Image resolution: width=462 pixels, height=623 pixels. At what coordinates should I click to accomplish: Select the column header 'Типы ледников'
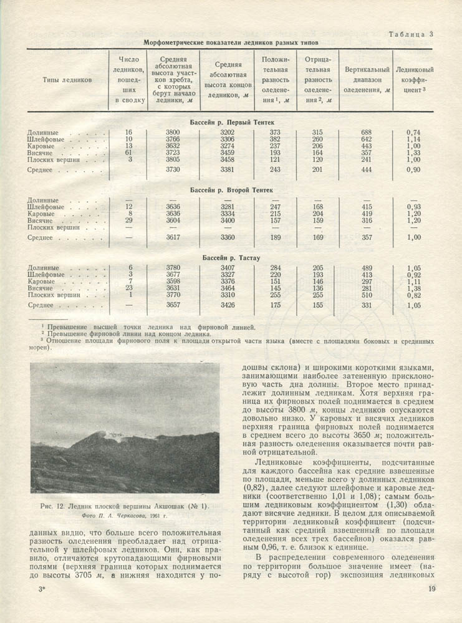[68, 80]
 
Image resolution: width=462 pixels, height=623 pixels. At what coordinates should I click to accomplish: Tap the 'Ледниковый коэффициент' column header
[415, 80]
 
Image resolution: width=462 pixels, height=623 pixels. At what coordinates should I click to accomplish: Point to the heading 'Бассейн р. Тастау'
[232, 257]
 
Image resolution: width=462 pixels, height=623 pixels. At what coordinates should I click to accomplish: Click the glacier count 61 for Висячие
[129, 153]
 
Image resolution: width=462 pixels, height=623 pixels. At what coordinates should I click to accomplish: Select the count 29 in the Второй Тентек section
[129, 221]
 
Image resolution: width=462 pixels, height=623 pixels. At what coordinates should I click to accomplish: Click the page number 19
[431, 589]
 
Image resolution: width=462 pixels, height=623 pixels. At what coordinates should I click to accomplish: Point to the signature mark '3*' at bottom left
[42, 589]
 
